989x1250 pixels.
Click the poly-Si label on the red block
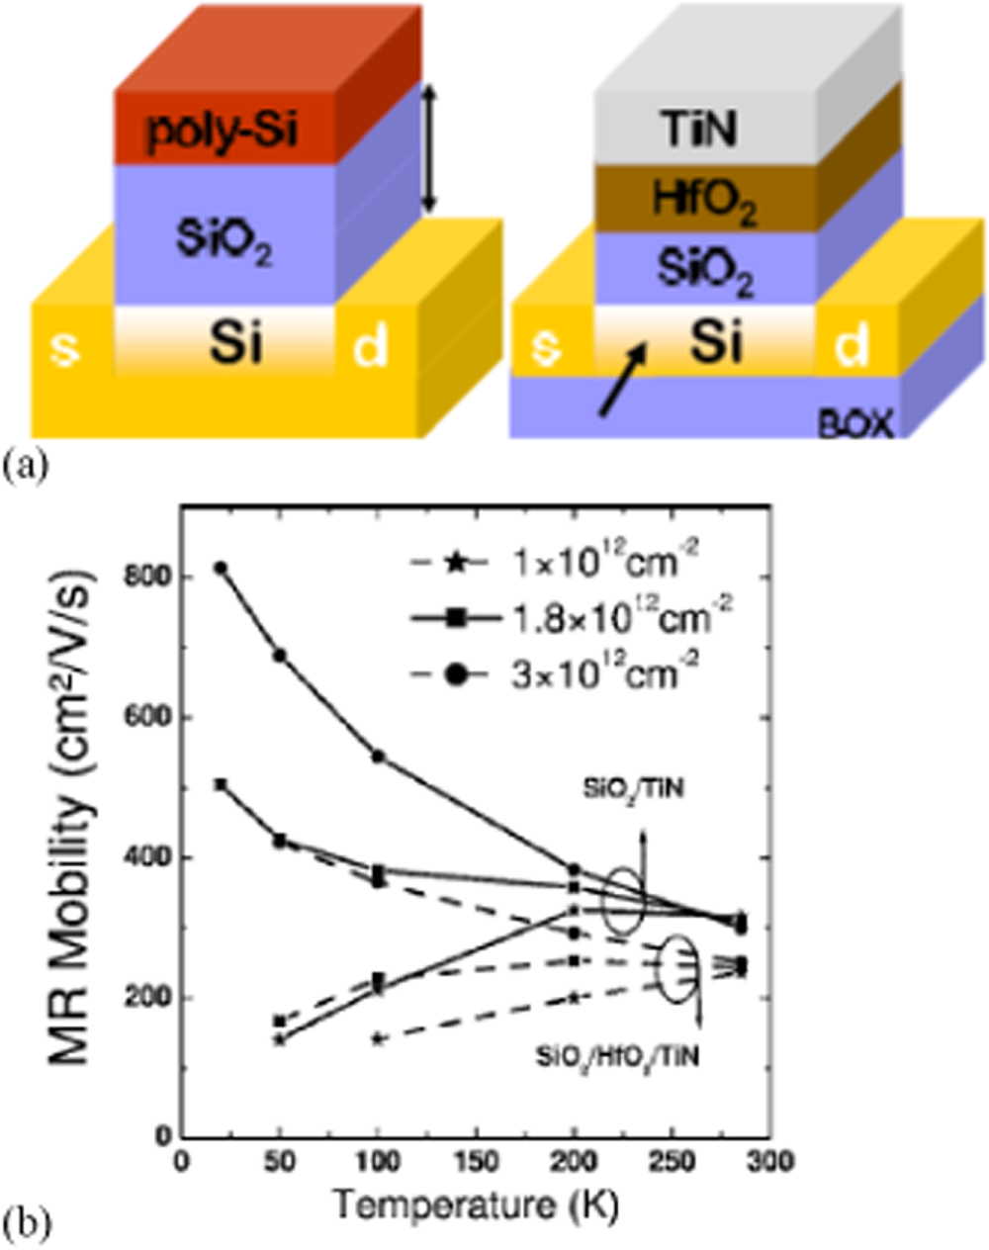[222, 132]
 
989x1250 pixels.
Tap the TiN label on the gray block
[699, 130]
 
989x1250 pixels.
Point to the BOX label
[854, 425]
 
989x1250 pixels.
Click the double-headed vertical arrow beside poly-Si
[427, 148]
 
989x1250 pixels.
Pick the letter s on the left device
[65, 347]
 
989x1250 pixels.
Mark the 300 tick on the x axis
[764, 1160]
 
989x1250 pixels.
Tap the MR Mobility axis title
[74, 856]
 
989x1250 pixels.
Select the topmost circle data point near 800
[223, 569]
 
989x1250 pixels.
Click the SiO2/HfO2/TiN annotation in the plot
[617, 1056]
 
